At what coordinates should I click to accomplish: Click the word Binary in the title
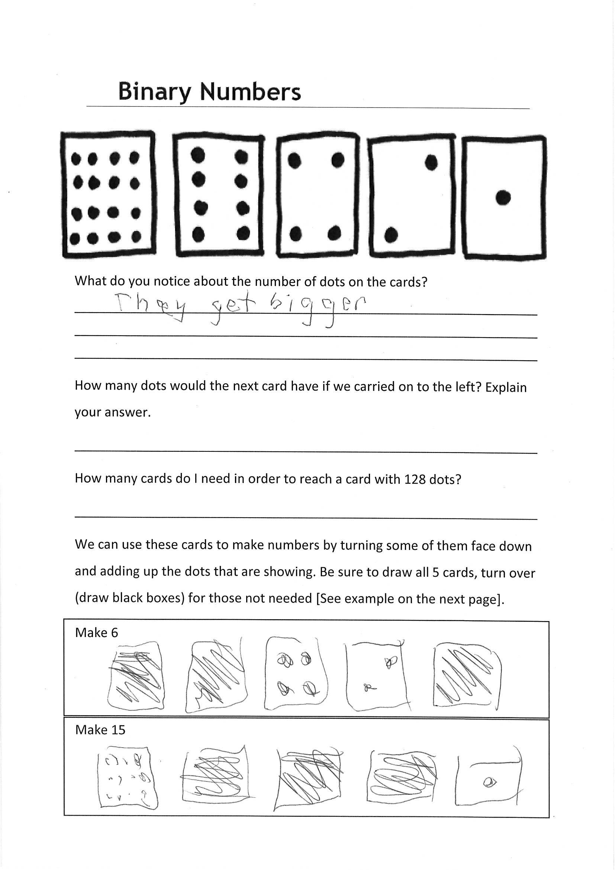(155, 92)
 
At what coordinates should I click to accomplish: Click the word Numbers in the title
(250, 92)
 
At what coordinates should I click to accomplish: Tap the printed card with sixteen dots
(108, 195)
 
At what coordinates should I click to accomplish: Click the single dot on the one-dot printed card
(503, 198)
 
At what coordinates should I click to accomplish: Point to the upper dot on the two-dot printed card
(431, 163)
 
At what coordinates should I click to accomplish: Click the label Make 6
(97, 633)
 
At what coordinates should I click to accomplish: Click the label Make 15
(100, 730)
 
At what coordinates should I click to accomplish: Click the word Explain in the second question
(506, 388)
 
